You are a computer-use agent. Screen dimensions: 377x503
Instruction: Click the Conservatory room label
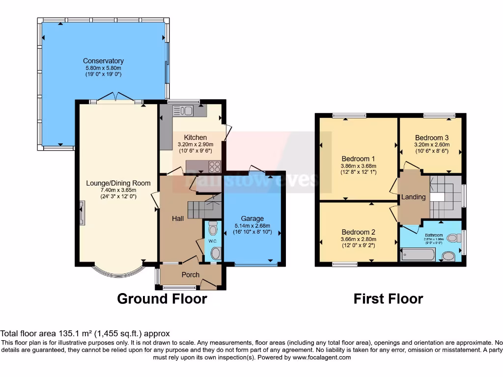tap(103, 61)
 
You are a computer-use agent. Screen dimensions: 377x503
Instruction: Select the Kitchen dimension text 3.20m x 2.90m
tap(195, 145)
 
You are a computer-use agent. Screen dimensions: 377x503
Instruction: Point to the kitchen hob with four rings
tap(215, 166)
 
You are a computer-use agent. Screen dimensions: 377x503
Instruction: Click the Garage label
tap(252, 218)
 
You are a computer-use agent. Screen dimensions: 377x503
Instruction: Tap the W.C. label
tap(212, 241)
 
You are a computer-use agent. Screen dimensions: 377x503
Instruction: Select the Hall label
tap(177, 218)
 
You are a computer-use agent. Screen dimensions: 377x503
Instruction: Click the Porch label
tap(191, 274)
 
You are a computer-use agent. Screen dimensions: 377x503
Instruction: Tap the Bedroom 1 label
tap(358, 159)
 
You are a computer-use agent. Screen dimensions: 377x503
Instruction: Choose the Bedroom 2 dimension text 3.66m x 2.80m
tap(358, 239)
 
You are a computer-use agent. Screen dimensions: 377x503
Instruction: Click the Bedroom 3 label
tap(431, 138)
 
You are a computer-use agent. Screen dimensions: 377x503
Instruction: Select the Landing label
tap(414, 197)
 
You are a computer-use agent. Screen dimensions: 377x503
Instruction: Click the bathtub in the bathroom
tap(418, 255)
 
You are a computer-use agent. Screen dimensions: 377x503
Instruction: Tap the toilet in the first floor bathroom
tap(448, 256)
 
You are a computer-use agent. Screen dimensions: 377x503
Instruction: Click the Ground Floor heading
tap(162, 298)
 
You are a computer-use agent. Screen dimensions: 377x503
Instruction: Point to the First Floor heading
tap(388, 298)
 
